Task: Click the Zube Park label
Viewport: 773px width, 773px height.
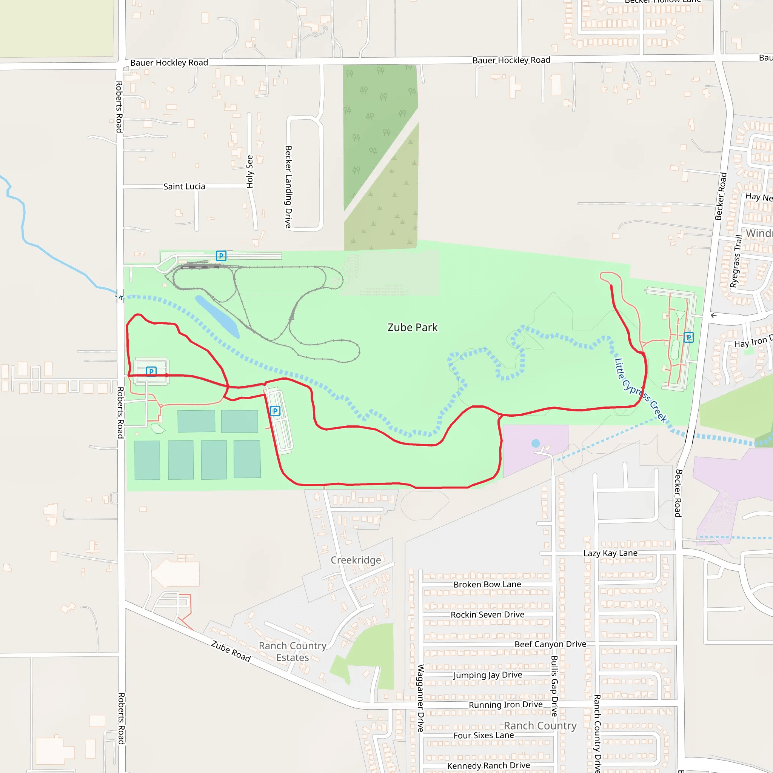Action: tap(413, 328)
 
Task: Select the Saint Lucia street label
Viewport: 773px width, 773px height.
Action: tap(184, 186)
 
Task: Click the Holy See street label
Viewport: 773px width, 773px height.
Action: tap(250, 172)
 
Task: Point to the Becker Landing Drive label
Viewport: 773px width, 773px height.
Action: tap(288, 187)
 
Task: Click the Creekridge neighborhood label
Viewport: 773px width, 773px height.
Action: tap(356, 560)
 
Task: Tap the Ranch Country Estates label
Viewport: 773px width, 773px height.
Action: tap(293, 651)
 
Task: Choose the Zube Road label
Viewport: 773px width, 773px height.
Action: tap(231, 651)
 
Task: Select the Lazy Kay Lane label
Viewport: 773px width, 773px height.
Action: tap(610, 553)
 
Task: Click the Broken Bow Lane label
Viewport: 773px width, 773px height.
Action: tap(487, 585)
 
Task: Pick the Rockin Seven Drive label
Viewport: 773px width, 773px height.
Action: tap(487, 614)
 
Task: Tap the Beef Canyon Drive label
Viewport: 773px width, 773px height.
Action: tap(550, 644)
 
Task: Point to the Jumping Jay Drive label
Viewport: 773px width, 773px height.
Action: tap(488, 675)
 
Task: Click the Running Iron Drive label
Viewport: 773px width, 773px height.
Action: tap(506, 705)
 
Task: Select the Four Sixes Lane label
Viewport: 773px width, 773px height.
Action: tap(484, 735)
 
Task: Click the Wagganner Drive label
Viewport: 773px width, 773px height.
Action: tap(420, 698)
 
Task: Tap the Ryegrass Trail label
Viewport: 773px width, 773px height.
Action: tap(736, 261)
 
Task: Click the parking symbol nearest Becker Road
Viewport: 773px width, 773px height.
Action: tap(688, 337)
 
